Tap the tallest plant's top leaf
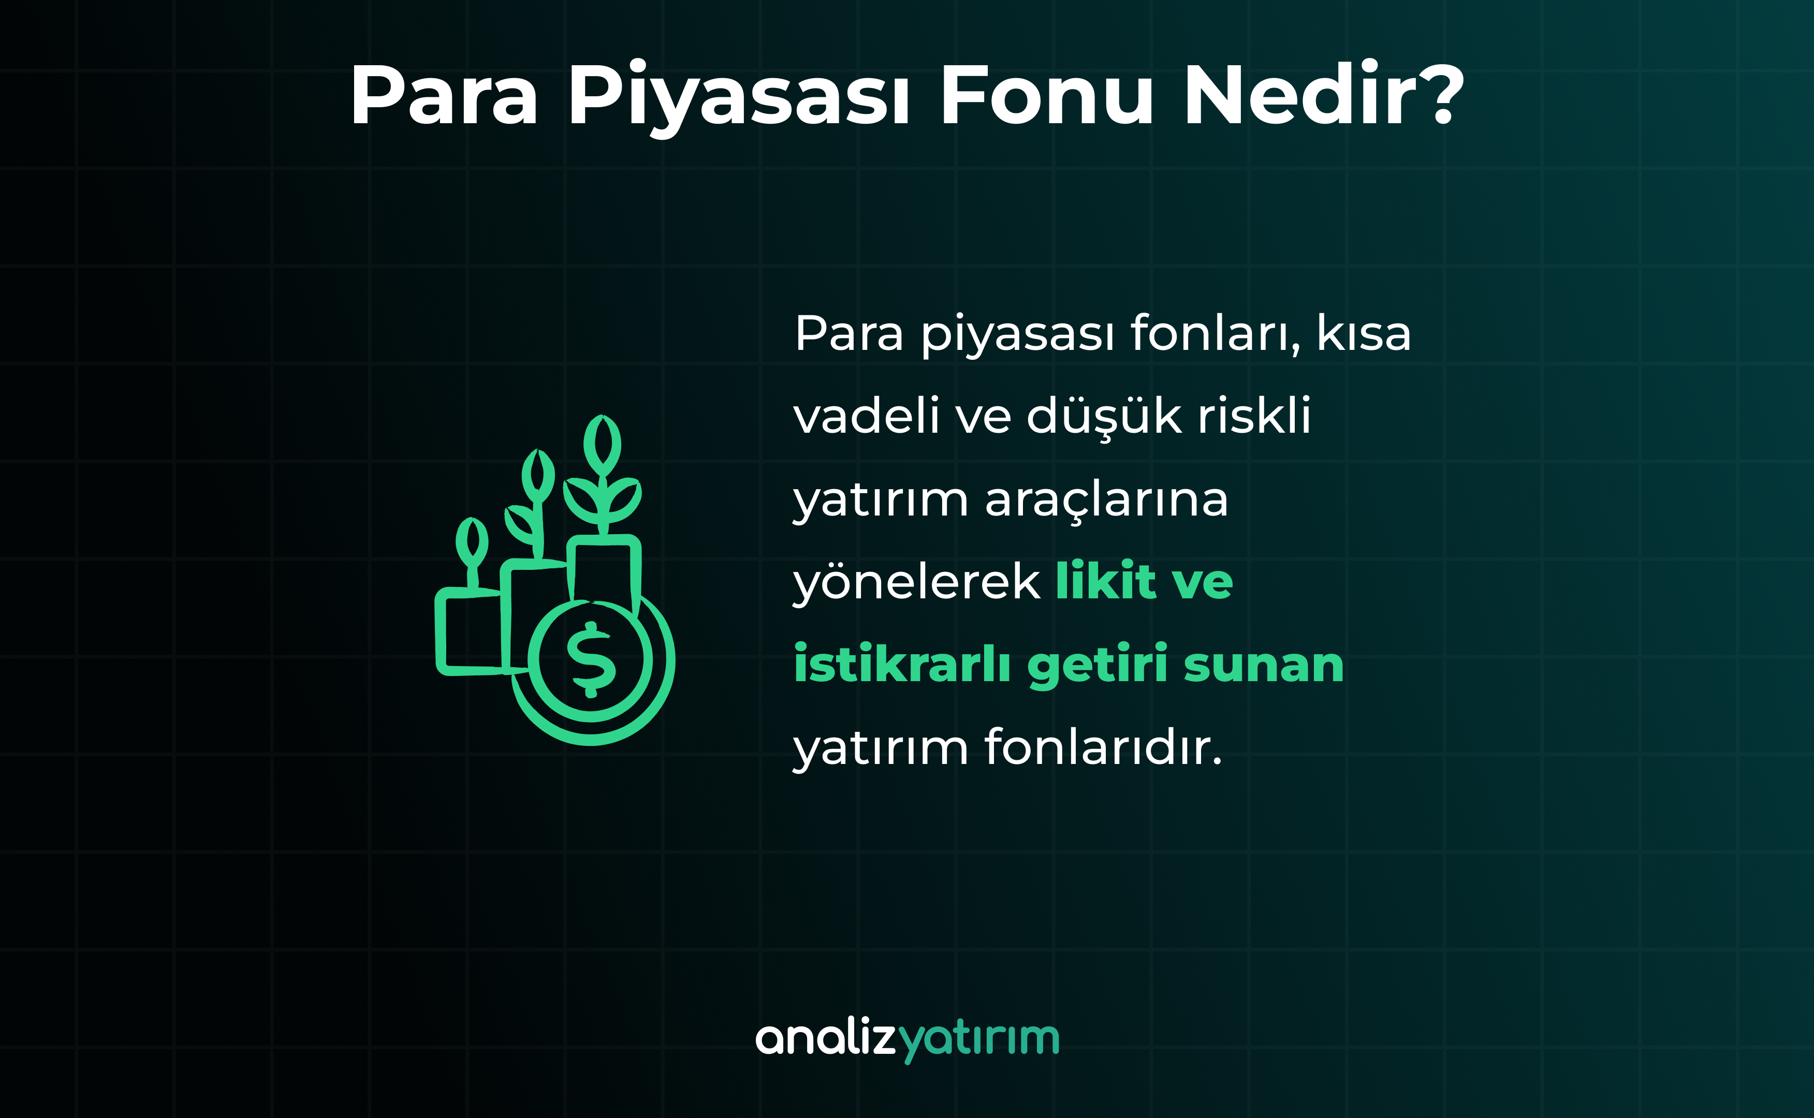pyautogui.click(x=602, y=446)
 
